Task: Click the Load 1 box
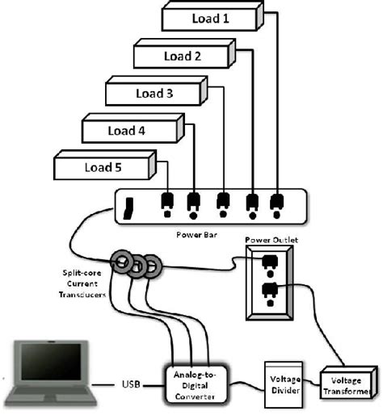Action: (210, 17)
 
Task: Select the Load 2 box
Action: (183, 56)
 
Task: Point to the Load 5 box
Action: (102, 167)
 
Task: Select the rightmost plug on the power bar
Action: (276, 203)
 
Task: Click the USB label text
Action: (130, 384)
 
